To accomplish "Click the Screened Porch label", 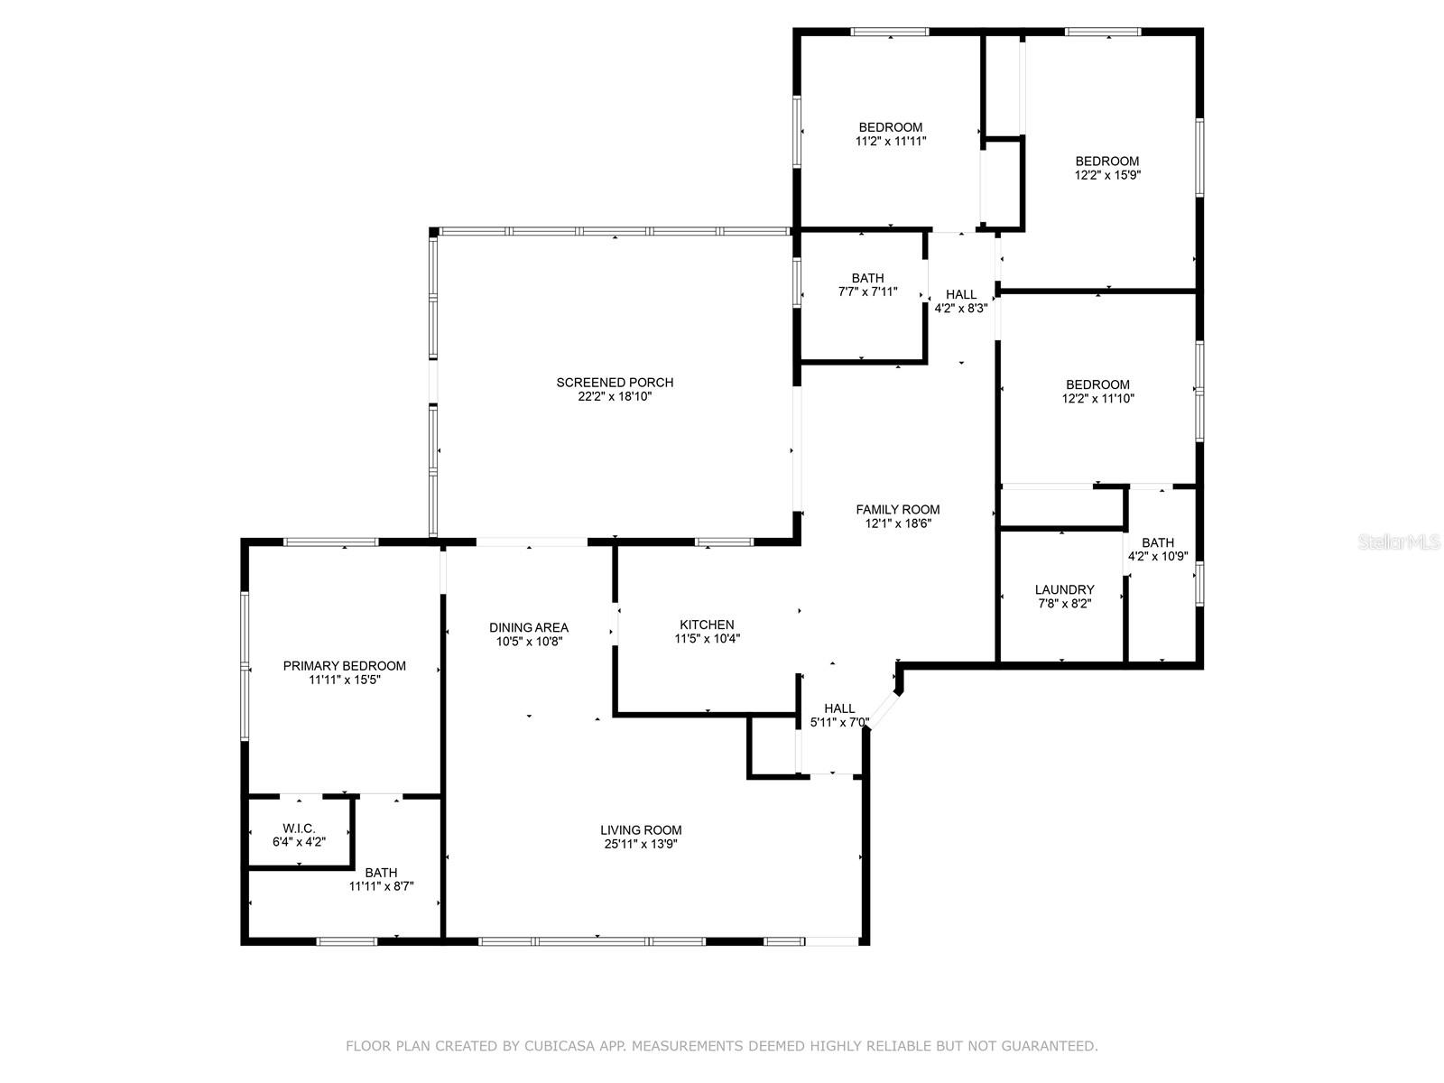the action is [x=615, y=382].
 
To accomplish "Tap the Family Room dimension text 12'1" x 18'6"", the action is [x=897, y=523].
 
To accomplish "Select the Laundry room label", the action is [x=1064, y=590].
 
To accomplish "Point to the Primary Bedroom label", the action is [x=344, y=665].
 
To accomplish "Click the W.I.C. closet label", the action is [x=299, y=828].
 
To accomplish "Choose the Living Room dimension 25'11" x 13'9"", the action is [x=640, y=845].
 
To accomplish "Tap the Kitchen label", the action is [x=707, y=625].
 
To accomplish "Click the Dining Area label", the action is [x=528, y=627].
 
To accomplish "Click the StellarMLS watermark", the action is [x=1399, y=542].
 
